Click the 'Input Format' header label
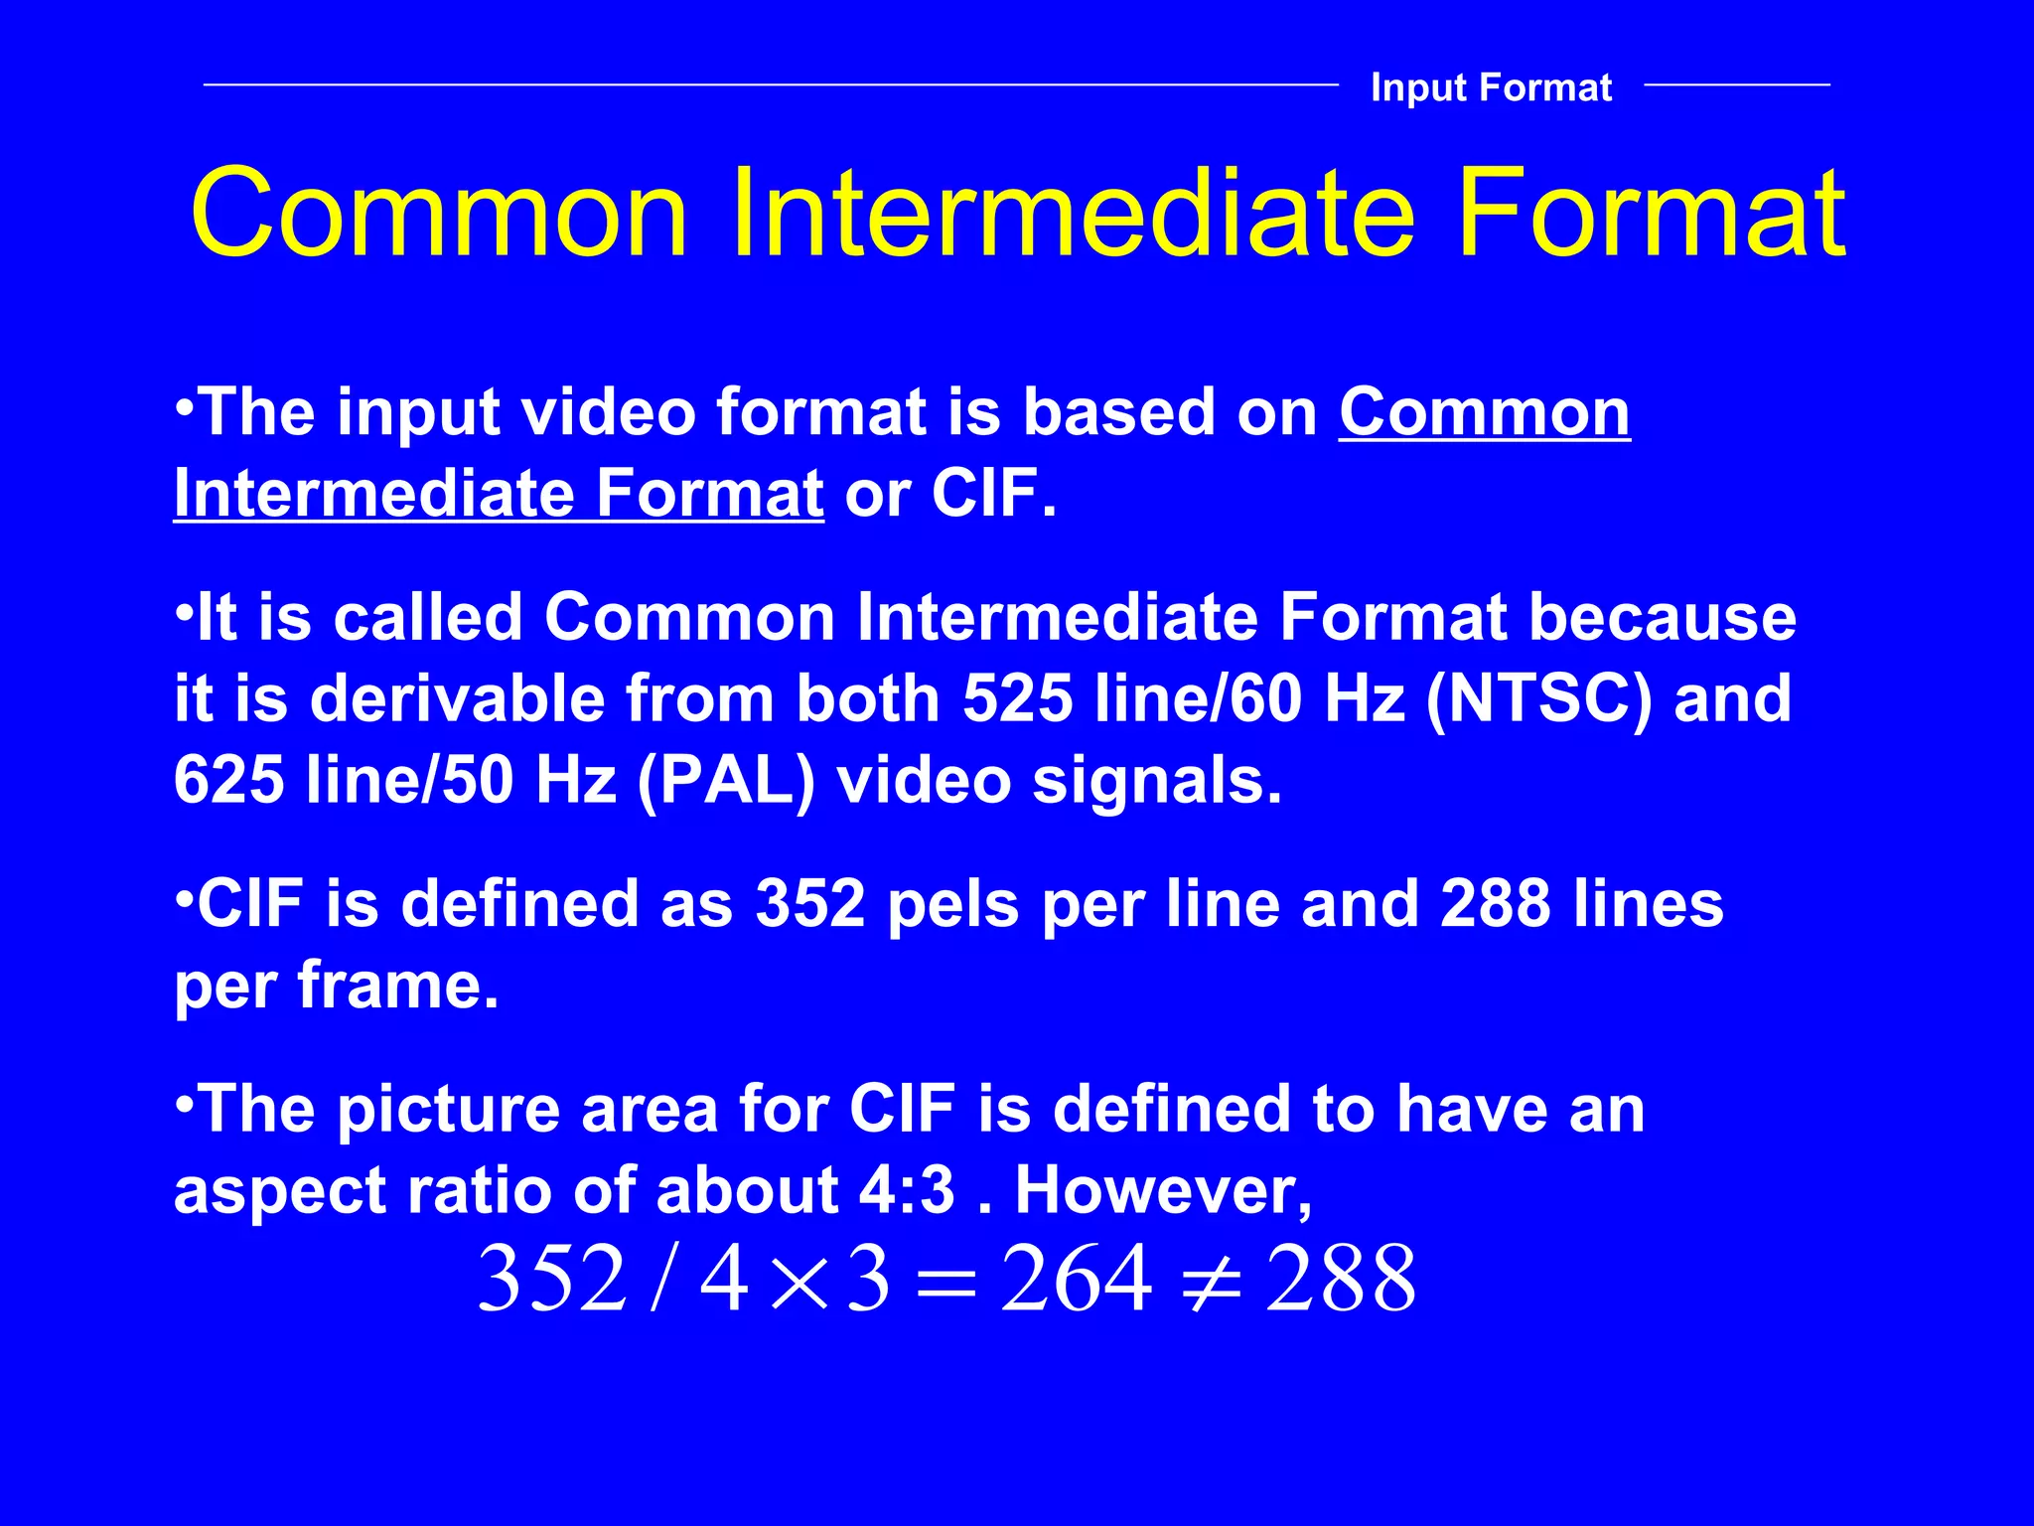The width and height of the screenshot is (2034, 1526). (1491, 87)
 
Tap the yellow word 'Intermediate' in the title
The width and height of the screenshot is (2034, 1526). (1073, 214)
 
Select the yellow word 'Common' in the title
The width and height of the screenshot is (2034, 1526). (439, 214)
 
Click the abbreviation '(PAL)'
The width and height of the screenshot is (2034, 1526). (725, 780)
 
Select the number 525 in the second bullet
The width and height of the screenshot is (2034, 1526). (1018, 698)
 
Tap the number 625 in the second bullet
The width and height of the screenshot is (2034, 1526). (229, 780)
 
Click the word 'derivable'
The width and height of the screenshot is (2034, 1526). (457, 698)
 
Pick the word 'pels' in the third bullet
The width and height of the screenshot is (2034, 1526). (952, 904)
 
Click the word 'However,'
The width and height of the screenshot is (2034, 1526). (1163, 1190)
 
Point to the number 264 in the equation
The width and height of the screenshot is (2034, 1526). (1077, 1279)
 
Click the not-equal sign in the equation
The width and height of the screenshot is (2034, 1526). (1209, 1281)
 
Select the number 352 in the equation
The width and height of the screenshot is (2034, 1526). (552, 1279)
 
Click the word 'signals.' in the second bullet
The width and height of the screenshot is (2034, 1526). (1157, 780)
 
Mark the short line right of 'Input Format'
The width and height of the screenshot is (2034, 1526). (1737, 85)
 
